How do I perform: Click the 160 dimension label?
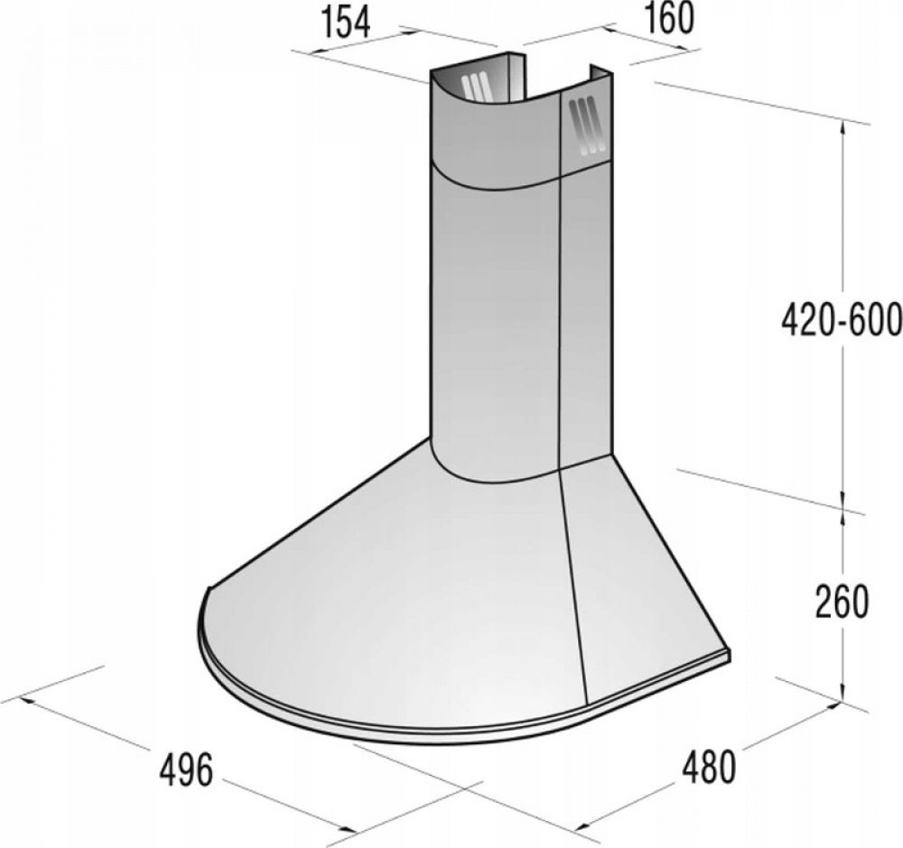[x=668, y=18]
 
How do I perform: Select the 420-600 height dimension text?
[x=842, y=320]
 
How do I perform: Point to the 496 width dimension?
[x=185, y=770]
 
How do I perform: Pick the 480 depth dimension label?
[x=709, y=767]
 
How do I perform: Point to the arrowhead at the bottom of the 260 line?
[x=843, y=693]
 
